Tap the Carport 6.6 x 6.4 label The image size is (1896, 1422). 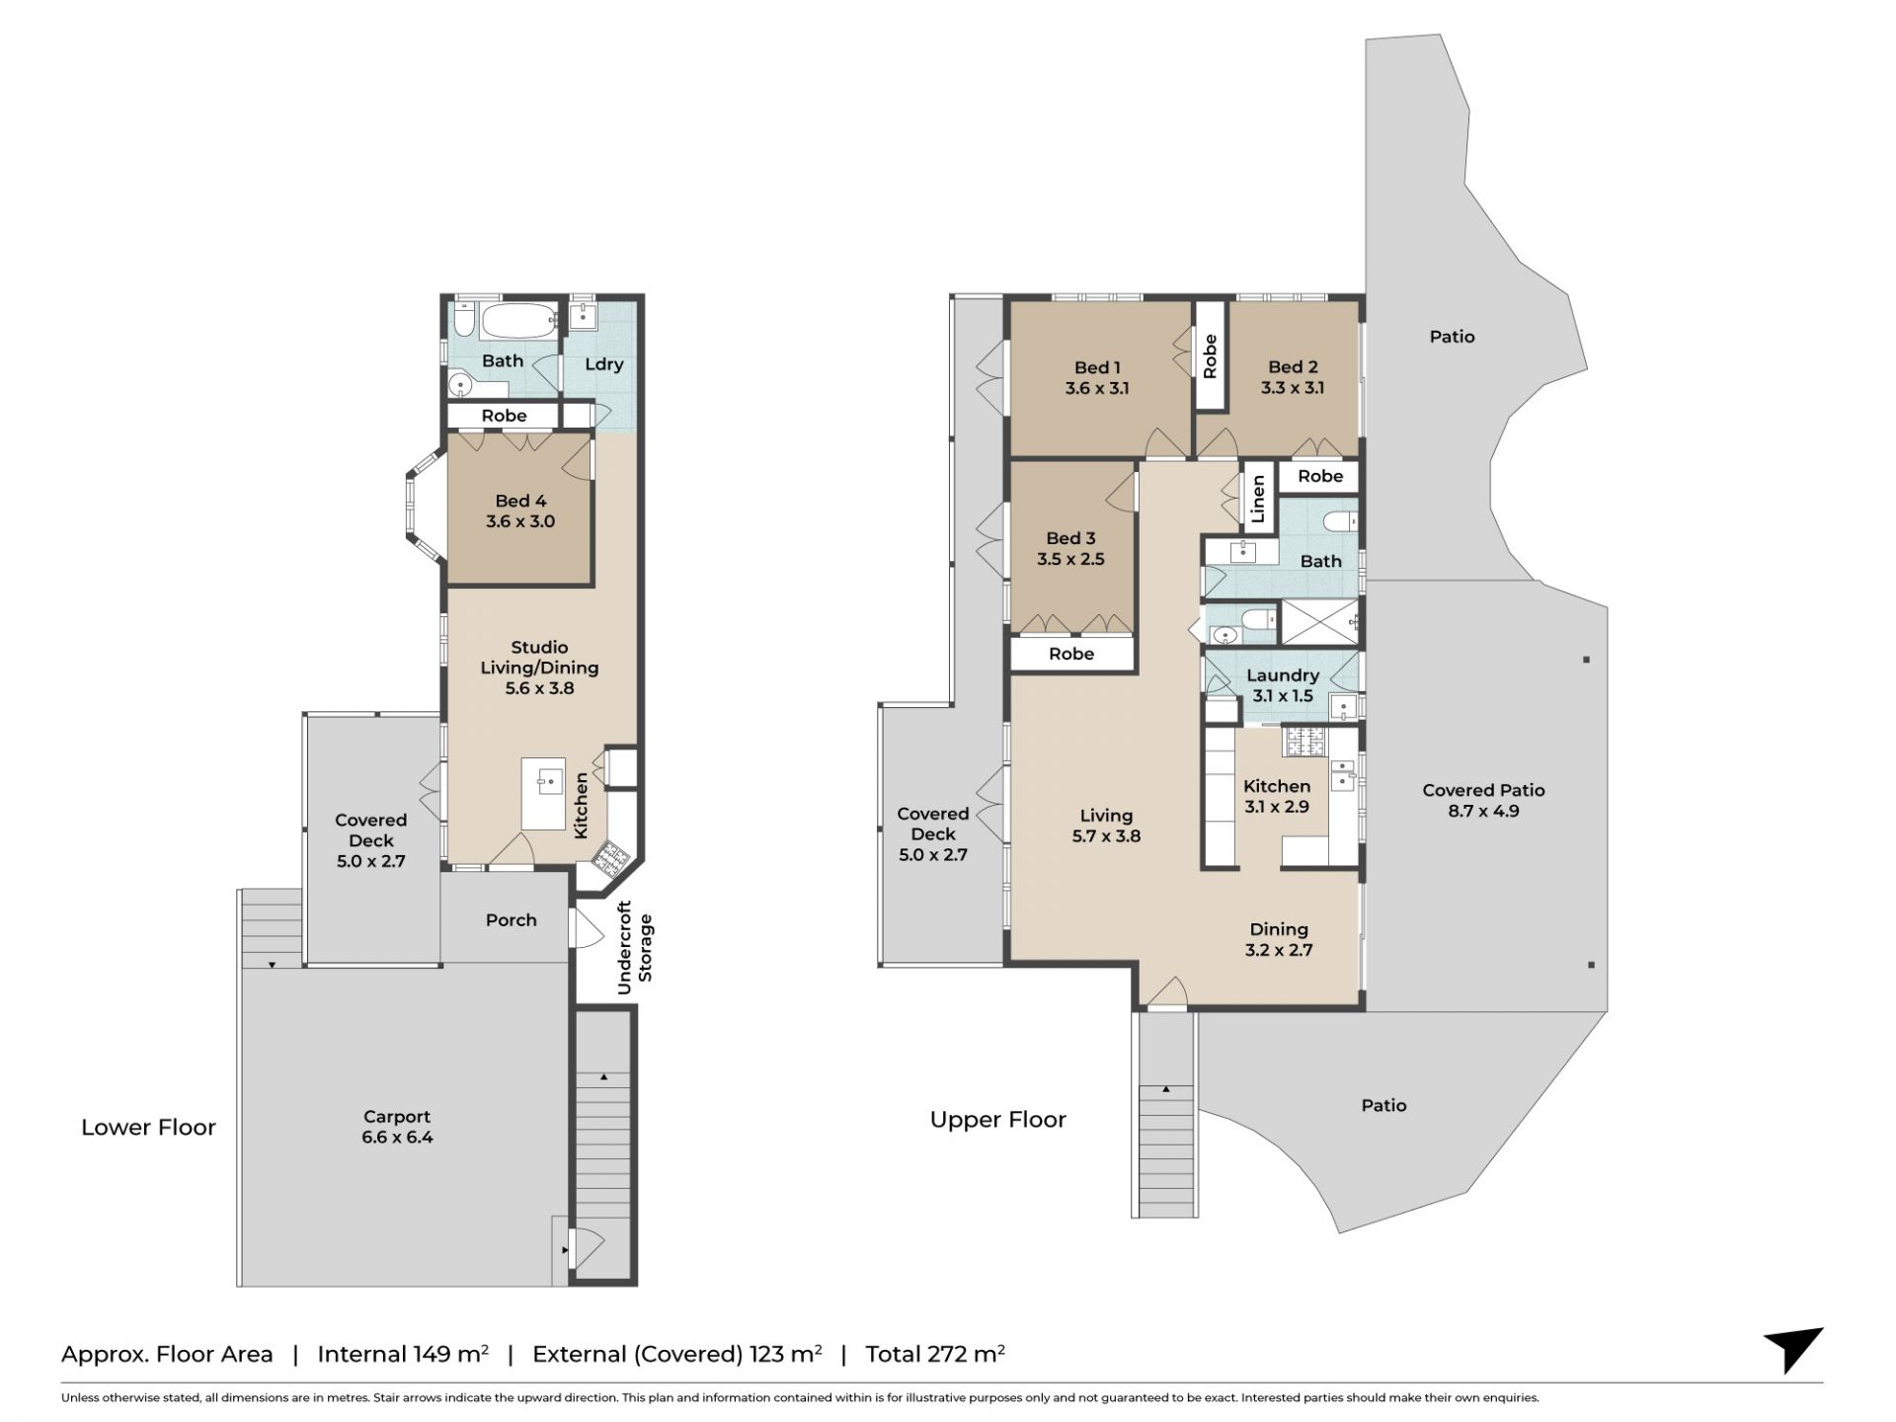(x=397, y=1127)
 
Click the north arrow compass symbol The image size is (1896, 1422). (x=1793, y=1349)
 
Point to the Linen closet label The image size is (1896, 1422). (x=1257, y=500)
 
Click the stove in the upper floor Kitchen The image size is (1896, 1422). (x=1305, y=741)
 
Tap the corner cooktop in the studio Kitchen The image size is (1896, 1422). (x=609, y=859)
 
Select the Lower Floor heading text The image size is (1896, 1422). (x=148, y=1128)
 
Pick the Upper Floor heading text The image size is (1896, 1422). (x=998, y=1120)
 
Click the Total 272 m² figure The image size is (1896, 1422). (x=935, y=1354)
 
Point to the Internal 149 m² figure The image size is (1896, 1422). (x=403, y=1354)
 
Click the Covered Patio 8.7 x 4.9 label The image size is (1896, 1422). (x=1483, y=801)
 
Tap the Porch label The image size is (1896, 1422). (x=511, y=920)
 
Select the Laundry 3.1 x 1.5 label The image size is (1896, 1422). (x=1283, y=685)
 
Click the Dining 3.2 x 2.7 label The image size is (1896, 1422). (x=1279, y=940)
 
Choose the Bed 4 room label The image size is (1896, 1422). (x=520, y=512)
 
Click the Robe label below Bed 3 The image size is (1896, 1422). (x=1071, y=654)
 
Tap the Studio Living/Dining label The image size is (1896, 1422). (x=539, y=668)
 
